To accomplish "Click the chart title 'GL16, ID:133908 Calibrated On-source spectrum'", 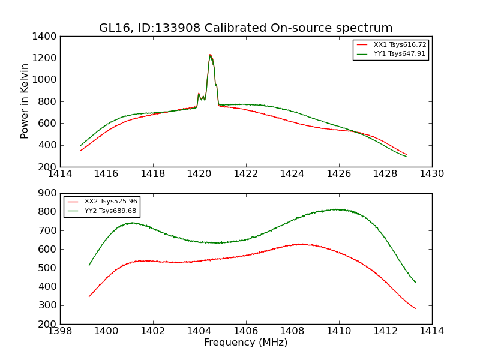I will coord(245,28).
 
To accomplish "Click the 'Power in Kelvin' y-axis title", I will coord(25,101).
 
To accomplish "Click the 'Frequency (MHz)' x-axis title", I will coord(245,343).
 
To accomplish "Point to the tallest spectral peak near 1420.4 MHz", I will coord(210,55).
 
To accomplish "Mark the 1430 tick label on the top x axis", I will coord(432,173).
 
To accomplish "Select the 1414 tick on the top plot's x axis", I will coord(60,173).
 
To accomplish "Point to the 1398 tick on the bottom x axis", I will coord(60,331).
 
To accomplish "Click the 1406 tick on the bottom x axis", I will coord(246,331).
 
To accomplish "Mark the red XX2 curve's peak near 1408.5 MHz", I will coord(302,244).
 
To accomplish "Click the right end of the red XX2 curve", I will coord(415,308).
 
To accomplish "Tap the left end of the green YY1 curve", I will coord(80,145).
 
